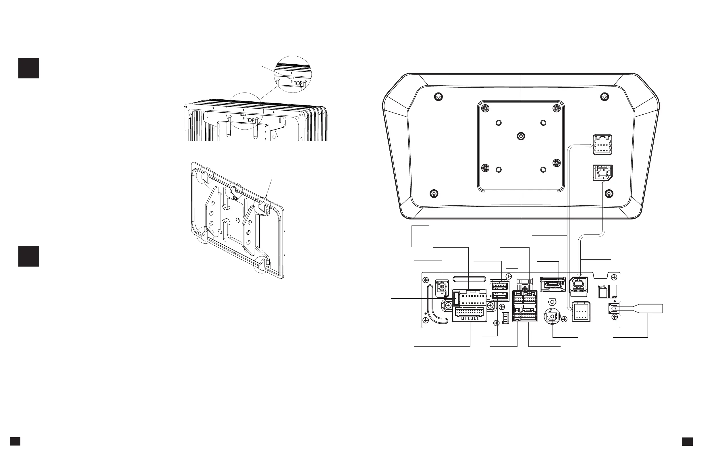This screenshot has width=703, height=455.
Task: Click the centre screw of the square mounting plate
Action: tap(521, 136)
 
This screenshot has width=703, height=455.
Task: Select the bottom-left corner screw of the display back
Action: tap(434, 194)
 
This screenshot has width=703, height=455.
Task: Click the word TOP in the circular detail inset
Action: tap(298, 83)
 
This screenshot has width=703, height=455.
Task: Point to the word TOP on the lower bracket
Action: tap(235, 198)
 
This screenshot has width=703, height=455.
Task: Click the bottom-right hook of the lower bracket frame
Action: tap(262, 263)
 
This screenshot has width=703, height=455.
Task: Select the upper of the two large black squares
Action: tap(29, 68)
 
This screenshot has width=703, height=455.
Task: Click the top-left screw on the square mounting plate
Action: tap(485, 108)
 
